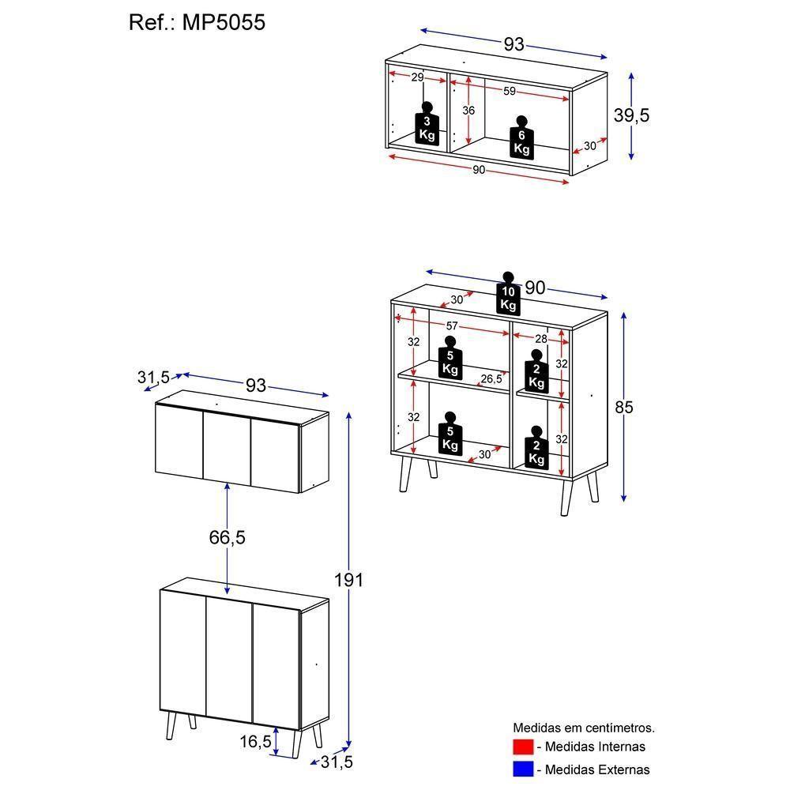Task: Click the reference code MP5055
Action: (x=224, y=23)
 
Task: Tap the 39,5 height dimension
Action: (x=631, y=115)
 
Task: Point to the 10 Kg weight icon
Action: (x=508, y=294)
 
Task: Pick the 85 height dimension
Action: (x=624, y=408)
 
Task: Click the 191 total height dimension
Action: (x=348, y=580)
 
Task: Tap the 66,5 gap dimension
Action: (x=228, y=538)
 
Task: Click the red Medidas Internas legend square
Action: (x=524, y=747)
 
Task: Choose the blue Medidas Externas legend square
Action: (x=524, y=769)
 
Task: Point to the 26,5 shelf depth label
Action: (x=491, y=379)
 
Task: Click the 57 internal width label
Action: (x=452, y=325)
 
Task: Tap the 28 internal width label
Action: (x=540, y=339)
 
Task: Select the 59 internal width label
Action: (x=510, y=92)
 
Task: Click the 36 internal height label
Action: (x=468, y=111)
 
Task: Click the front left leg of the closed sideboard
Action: (x=171, y=724)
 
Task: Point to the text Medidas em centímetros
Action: (x=584, y=728)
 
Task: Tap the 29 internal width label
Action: (x=418, y=77)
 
